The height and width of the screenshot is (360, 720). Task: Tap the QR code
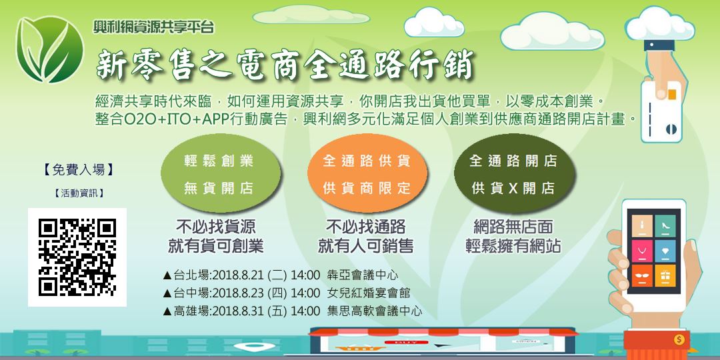[x=77, y=257]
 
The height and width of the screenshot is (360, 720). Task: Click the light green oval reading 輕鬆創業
[x=219, y=175]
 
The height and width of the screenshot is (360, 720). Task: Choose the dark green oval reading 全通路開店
[x=513, y=175]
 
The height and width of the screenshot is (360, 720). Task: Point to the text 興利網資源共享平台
[x=154, y=27]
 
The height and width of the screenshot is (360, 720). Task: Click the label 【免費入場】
[x=78, y=170]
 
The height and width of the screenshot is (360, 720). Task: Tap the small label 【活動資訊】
[x=78, y=194]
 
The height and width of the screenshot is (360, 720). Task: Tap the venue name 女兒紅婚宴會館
[x=369, y=293]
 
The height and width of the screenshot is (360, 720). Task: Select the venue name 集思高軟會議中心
[x=375, y=311]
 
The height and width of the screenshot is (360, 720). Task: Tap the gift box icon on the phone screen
[x=663, y=274]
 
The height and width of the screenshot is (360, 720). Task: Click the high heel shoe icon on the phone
[x=664, y=225]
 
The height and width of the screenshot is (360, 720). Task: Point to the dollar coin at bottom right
[x=679, y=339]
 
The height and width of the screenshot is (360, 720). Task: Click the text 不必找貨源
[x=215, y=227]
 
